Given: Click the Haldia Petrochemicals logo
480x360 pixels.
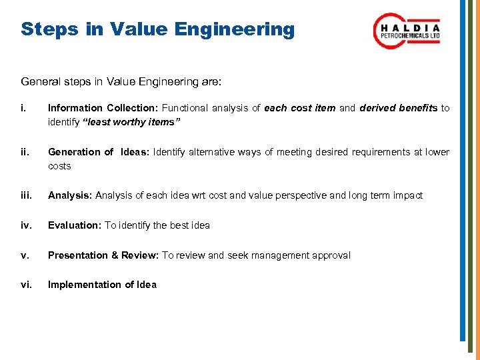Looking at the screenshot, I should click(406, 31).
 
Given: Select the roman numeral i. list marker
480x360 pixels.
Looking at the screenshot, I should click(24, 108).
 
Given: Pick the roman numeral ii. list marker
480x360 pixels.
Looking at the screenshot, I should click(25, 152).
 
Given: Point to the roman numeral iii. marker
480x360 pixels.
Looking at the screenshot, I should click(27, 195).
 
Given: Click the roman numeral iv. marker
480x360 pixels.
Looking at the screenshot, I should click(27, 225).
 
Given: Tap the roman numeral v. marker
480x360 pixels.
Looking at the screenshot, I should click(25, 255).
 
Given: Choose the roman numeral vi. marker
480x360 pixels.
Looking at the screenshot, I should click(27, 285).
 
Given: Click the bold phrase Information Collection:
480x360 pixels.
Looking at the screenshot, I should click(103, 108).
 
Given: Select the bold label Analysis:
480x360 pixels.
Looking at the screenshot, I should click(70, 195).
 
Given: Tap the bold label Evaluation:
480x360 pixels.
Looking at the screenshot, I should click(75, 225).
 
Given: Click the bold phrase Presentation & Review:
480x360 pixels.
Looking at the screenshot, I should click(103, 255).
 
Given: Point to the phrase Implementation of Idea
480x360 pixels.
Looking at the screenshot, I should click(102, 285).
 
